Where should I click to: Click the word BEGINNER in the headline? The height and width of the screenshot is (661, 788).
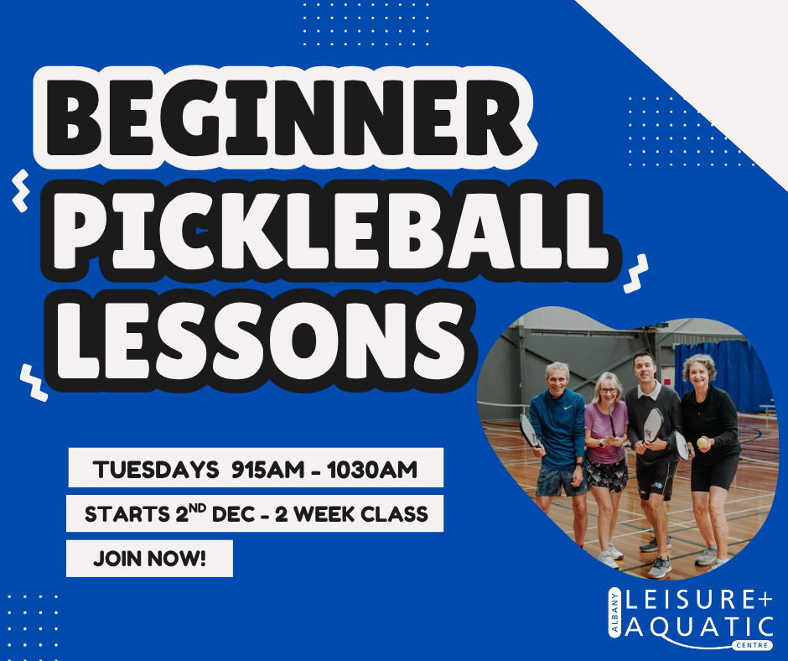pos(284,119)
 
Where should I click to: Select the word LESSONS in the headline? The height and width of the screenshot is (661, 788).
pos(259,340)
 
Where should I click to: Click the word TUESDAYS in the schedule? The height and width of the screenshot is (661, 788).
pos(156,470)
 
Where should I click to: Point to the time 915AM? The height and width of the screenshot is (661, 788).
pos(268,470)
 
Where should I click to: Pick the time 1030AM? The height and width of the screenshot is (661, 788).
pos(372,470)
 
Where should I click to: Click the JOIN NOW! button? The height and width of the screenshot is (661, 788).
pos(150,559)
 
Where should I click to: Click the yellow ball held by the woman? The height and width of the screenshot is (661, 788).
pos(702,443)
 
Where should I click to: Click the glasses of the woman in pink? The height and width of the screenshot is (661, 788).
pos(608,390)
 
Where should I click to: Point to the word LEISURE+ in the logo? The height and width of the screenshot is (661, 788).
pos(699,600)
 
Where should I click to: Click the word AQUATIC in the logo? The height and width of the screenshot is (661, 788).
pos(699,627)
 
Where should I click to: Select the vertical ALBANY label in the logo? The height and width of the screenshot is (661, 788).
pos(614,612)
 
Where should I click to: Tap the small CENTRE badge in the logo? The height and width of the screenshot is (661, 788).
pos(752,645)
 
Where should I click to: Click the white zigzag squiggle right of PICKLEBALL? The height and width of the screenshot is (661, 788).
pos(635,273)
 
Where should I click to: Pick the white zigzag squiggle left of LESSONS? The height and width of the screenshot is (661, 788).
pos(34,383)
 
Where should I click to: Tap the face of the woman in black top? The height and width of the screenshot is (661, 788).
pos(699,374)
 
